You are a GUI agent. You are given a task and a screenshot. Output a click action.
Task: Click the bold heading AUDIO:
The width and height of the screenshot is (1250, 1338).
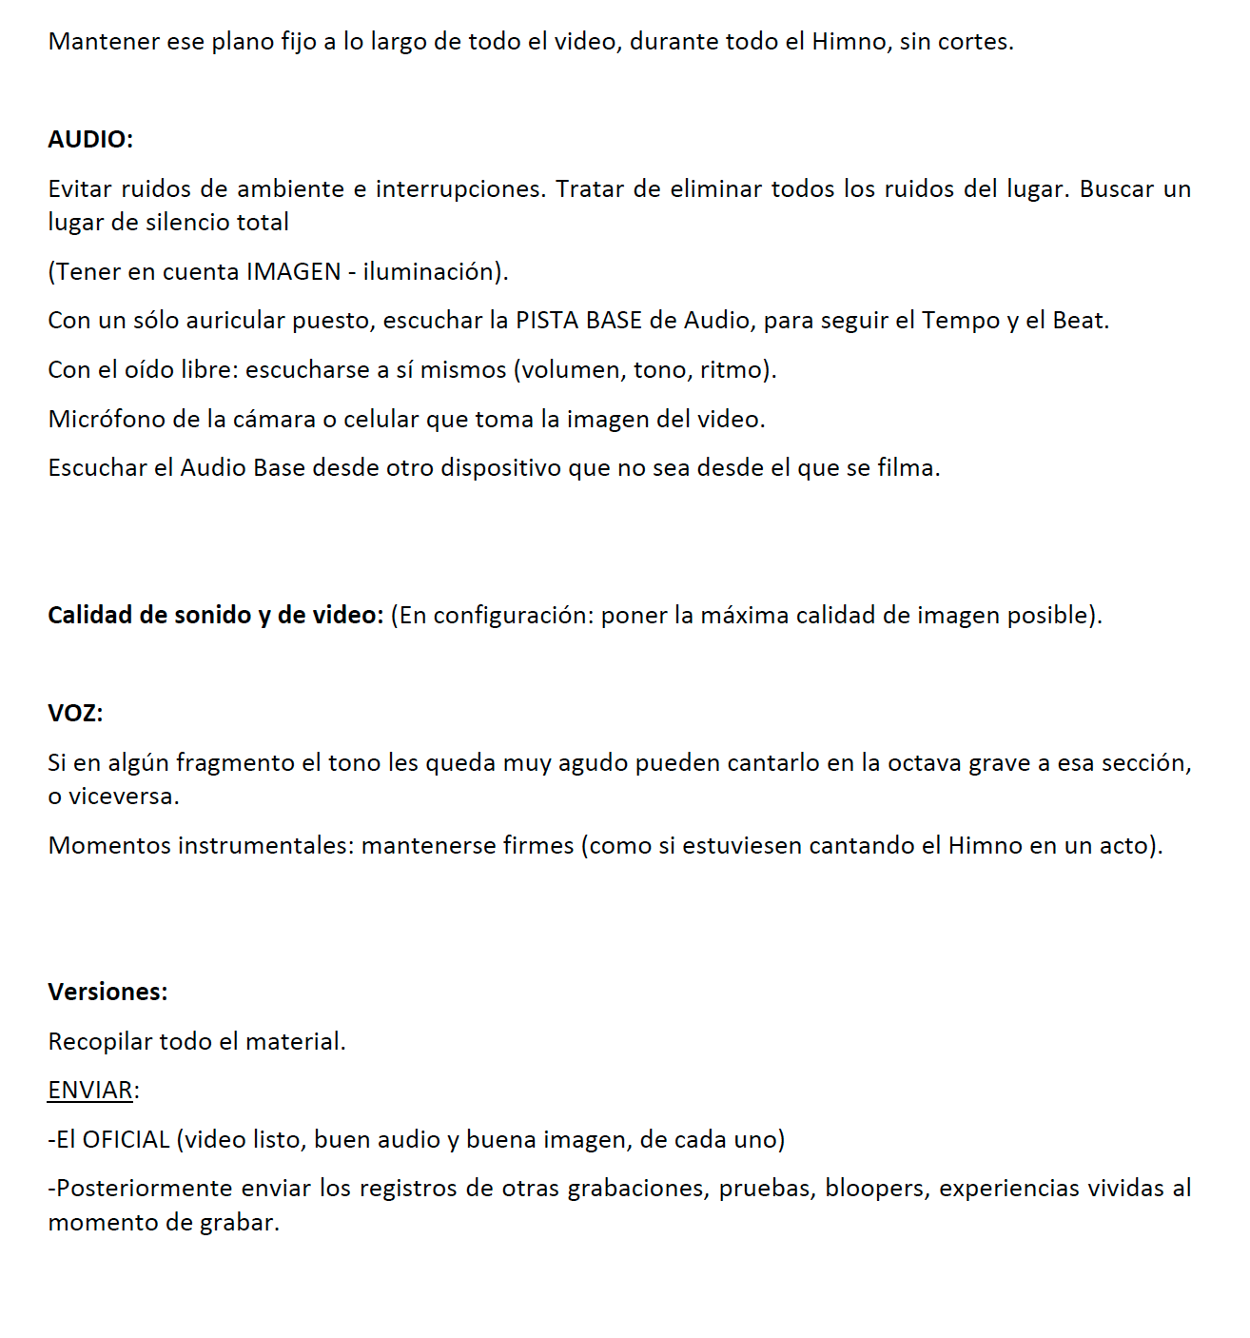tap(90, 140)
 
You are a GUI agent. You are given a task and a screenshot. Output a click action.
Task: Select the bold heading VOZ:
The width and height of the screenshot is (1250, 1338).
tap(75, 713)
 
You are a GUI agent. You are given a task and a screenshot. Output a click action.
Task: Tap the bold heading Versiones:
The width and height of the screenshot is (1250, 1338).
tap(107, 992)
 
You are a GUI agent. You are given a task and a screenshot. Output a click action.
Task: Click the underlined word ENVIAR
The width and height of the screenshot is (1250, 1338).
tap(90, 1090)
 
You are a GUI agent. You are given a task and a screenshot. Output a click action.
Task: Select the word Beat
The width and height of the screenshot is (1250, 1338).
tap(1080, 320)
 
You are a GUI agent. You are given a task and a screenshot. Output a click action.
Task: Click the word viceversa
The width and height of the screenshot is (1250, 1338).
tap(124, 797)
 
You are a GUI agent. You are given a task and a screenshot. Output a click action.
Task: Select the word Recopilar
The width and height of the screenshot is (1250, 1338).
tap(100, 1041)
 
